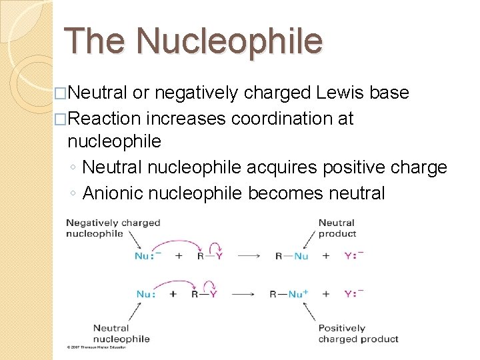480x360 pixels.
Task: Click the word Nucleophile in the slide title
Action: point(229,41)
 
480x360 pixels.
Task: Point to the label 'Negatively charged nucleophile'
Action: point(113,228)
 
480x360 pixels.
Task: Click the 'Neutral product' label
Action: point(337,228)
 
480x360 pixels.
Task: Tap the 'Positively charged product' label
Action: point(358,333)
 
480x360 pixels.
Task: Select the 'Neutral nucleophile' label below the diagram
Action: point(121,333)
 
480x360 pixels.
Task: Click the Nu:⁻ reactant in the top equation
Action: point(147,256)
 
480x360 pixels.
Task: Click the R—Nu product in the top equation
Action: point(291,256)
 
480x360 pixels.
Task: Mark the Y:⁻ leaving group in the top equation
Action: point(354,256)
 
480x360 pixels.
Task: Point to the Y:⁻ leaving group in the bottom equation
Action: point(354,294)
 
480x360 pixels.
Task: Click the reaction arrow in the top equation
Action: point(249,256)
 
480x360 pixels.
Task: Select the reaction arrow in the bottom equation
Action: point(249,294)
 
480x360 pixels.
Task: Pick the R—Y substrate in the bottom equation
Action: point(203,294)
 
